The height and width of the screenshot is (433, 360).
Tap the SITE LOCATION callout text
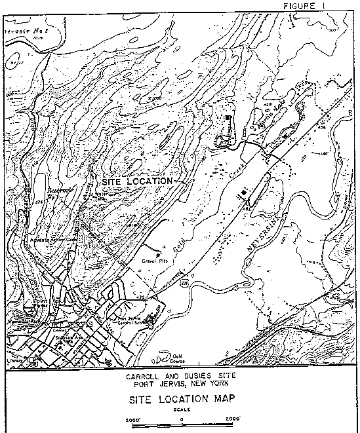(x=137, y=179)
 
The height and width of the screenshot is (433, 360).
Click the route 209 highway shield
(x=186, y=283)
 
